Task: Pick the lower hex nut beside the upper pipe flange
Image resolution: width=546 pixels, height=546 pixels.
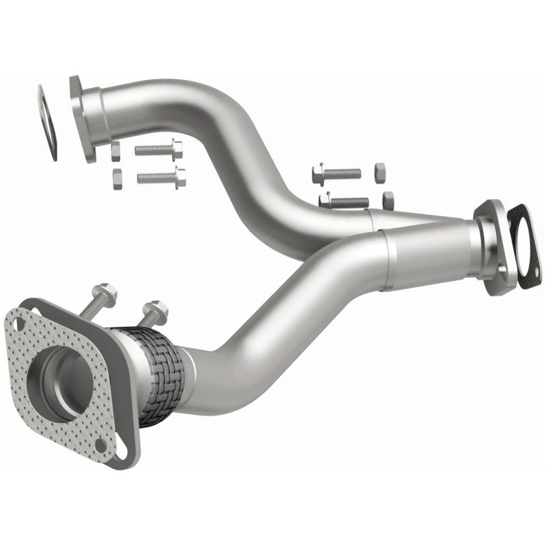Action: pos(115,179)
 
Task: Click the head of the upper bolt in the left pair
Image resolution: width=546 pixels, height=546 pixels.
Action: pos(176,147)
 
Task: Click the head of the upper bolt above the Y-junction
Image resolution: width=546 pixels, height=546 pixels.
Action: pos(318,175)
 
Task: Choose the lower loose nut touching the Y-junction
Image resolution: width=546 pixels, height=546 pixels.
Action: pos(388,200)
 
